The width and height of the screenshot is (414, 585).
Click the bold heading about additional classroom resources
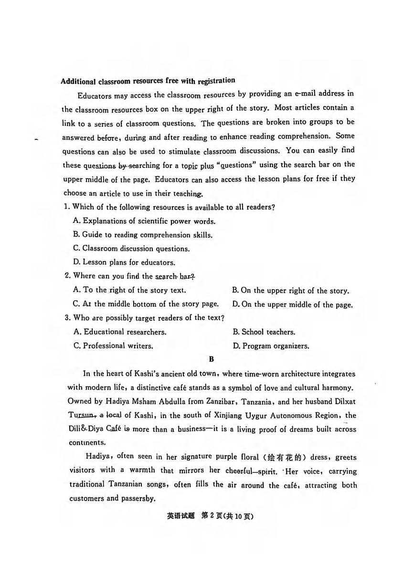148,81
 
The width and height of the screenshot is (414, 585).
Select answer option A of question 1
144,221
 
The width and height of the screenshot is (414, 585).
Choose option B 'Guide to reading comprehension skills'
142,235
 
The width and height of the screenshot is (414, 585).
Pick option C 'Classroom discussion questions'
131,249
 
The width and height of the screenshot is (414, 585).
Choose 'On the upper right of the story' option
290,291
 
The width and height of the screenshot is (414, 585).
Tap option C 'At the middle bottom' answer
146,304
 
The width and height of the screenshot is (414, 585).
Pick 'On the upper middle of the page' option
292,304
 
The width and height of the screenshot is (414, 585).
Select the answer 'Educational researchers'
120,332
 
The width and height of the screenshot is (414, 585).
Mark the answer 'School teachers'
264,332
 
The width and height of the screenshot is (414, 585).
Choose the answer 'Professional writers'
113,346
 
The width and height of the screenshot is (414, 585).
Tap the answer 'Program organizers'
271,346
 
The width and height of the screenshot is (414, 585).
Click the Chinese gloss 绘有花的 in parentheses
285,457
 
